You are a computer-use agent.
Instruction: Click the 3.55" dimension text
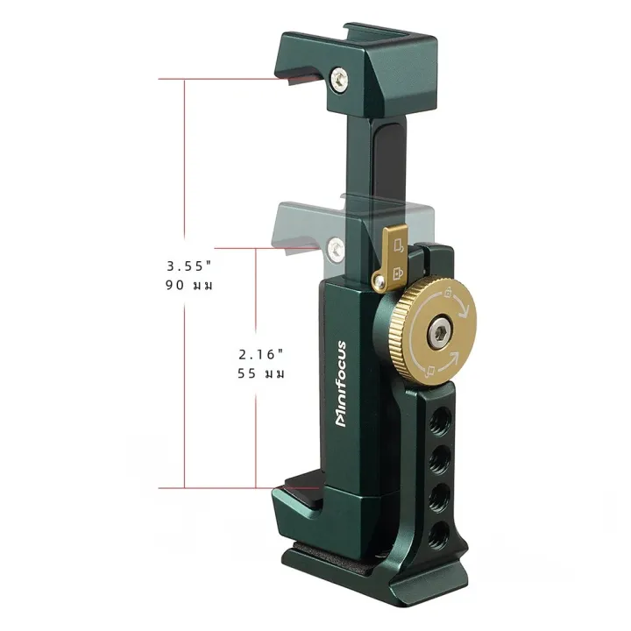pos(188,266)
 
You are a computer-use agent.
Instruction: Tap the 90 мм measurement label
pos(188,286)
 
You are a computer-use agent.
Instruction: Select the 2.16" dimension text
pos(261,355)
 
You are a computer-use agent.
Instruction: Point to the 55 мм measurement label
pos(261,374)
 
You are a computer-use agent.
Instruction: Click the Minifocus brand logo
pos(340,384)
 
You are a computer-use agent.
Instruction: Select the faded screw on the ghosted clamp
pos(336,249)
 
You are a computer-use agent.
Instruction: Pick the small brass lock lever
pos(390,258)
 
